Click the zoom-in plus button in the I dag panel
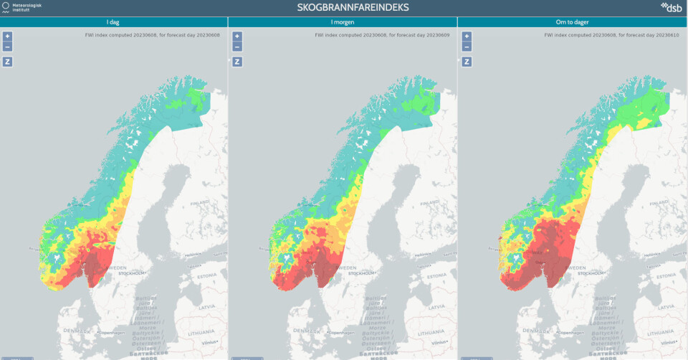pyautogui.click(x=8, y=36)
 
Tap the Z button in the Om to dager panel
pyautogui.click(x=467, y=62)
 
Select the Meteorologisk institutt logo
pyautogui.click(x=24, y=8)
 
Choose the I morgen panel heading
pyautogui.click(x=343, y=22)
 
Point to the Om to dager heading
pyautogui.click(x=572, y=22)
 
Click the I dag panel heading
pyautogui.click(x=113, y=22)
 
